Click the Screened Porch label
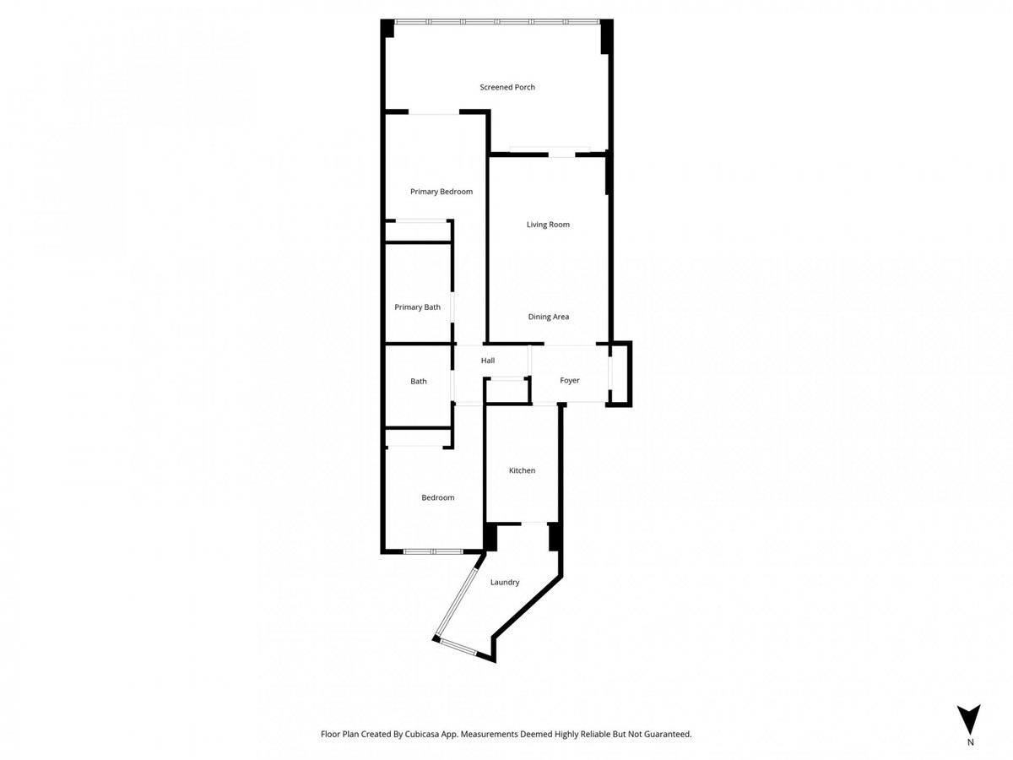pos(507,87)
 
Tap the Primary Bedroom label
pos(441,192)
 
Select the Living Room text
pos(548,225)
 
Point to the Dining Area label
pos(548,317)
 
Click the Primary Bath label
pos(417,307)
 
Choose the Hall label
pos(487,361)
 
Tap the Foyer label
pos(570,380)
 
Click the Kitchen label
pos(522,470)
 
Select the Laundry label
pos(505,582)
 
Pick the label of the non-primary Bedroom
pos(437,497)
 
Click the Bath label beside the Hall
pos(418,381)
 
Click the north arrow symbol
pos(970,719)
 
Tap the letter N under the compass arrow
pos(970,743)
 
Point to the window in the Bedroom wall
pos(432,551)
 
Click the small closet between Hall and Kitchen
pos(506,390)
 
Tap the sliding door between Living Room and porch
pos(550,153)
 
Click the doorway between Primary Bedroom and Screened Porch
pos(434,111)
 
